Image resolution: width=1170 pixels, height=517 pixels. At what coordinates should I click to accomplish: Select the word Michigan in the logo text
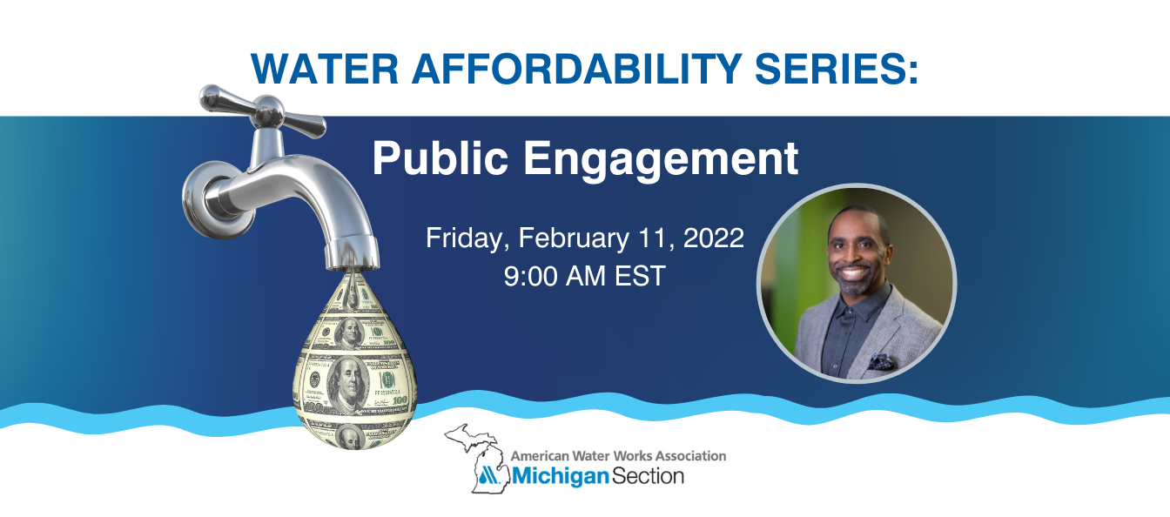(x=555, y=477)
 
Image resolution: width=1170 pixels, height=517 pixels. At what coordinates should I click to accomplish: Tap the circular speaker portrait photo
(x=857, y=283)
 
